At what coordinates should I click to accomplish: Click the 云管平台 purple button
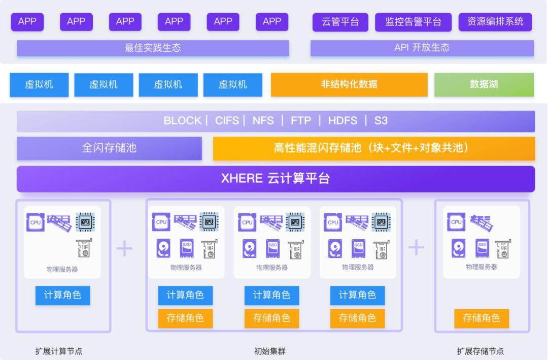coord(340,22)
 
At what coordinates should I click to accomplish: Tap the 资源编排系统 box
coord(495,22)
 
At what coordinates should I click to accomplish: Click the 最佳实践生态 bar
coord(153,48)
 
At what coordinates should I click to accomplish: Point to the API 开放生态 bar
coord(422,48)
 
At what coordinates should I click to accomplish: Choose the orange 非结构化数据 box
coord(349,84)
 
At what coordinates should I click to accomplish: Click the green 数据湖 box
coord(484,84)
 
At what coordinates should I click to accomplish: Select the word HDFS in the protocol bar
coord(342,121)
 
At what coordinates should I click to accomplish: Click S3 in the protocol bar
coord(381,121)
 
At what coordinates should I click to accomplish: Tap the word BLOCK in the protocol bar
coord(182,121)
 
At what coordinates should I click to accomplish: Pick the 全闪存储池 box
coord(109,148)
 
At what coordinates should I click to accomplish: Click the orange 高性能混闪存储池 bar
coord(373,148)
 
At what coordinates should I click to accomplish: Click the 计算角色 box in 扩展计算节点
coord(62,295)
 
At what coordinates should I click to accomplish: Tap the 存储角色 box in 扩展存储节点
coord(481,318)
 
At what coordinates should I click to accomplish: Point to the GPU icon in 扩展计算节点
coord(85,221)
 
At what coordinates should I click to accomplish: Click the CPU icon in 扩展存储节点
coord(456,221)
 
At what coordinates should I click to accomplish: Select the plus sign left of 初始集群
coord(124,248)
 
